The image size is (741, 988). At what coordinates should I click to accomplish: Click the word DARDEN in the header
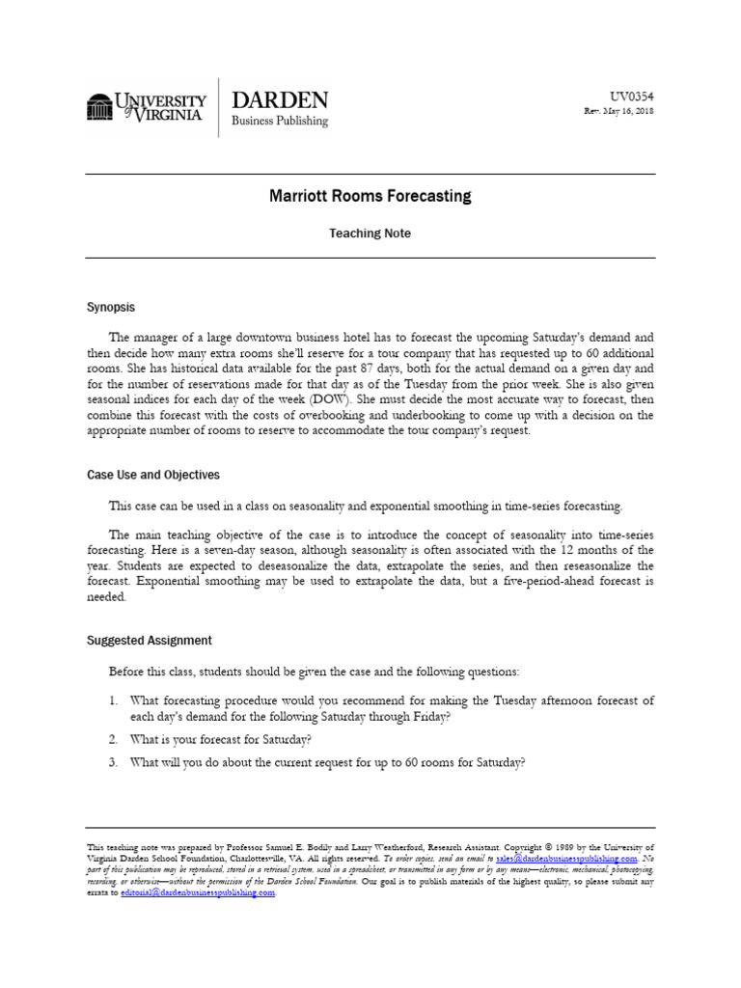pyautogui.click(x=280, y=99)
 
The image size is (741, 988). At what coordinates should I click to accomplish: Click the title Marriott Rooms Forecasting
pyautogui.click(x=370, y=197)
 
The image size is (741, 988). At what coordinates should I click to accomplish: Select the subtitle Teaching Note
pyautogui.click(x=370, y=233)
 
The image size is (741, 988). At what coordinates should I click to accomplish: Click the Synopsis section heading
pyautogui.click(x=111, y=308)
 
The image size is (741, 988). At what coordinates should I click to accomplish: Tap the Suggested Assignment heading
pyautogui.click(x=150, y=641)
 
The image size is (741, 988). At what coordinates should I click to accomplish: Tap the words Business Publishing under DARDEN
pyautogui.click(x=280, y=122)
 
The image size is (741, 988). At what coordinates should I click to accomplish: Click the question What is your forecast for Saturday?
pyautogui.click(x=222, y=740)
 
